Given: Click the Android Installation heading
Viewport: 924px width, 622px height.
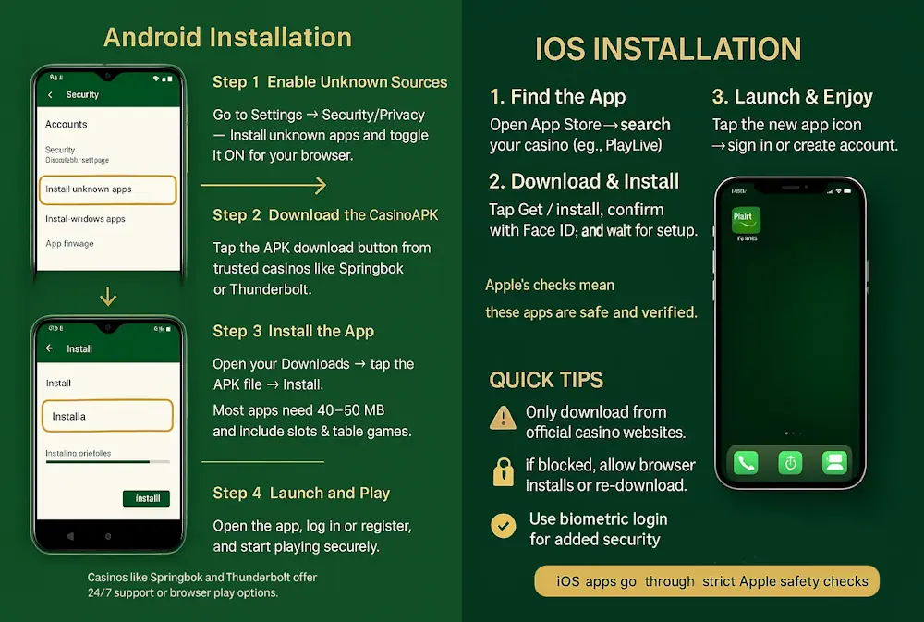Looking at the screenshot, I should (227, 38).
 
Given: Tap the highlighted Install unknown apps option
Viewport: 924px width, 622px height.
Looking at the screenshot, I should (109, 189).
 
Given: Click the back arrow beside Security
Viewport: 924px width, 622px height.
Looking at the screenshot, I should (49, 95).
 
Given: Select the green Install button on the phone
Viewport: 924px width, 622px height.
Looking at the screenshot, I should (147, 499).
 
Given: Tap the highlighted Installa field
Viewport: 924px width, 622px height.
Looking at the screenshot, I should (107, 416).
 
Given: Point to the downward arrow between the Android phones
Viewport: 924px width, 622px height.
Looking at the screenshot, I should (108, 297).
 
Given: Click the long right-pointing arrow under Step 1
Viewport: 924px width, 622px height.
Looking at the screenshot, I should (263, 187).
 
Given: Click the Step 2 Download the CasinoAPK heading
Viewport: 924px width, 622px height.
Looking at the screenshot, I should (325, 215).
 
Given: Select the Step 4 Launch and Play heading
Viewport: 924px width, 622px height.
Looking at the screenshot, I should (301, 494).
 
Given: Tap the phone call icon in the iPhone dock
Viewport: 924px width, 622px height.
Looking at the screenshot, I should (746, 462).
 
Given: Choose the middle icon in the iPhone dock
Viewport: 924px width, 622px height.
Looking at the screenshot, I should (790, 462).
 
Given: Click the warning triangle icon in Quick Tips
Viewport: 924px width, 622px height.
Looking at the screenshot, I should (503, 419).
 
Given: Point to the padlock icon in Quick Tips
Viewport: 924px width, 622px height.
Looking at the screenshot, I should (503, 473).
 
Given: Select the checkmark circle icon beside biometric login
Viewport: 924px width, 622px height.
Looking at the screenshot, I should (503, 526).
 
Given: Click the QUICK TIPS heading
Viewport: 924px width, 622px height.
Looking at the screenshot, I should (546, 380).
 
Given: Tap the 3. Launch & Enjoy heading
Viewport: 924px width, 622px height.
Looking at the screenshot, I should (792, 97).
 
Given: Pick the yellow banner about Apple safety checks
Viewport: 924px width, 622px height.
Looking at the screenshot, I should (707, 581).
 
